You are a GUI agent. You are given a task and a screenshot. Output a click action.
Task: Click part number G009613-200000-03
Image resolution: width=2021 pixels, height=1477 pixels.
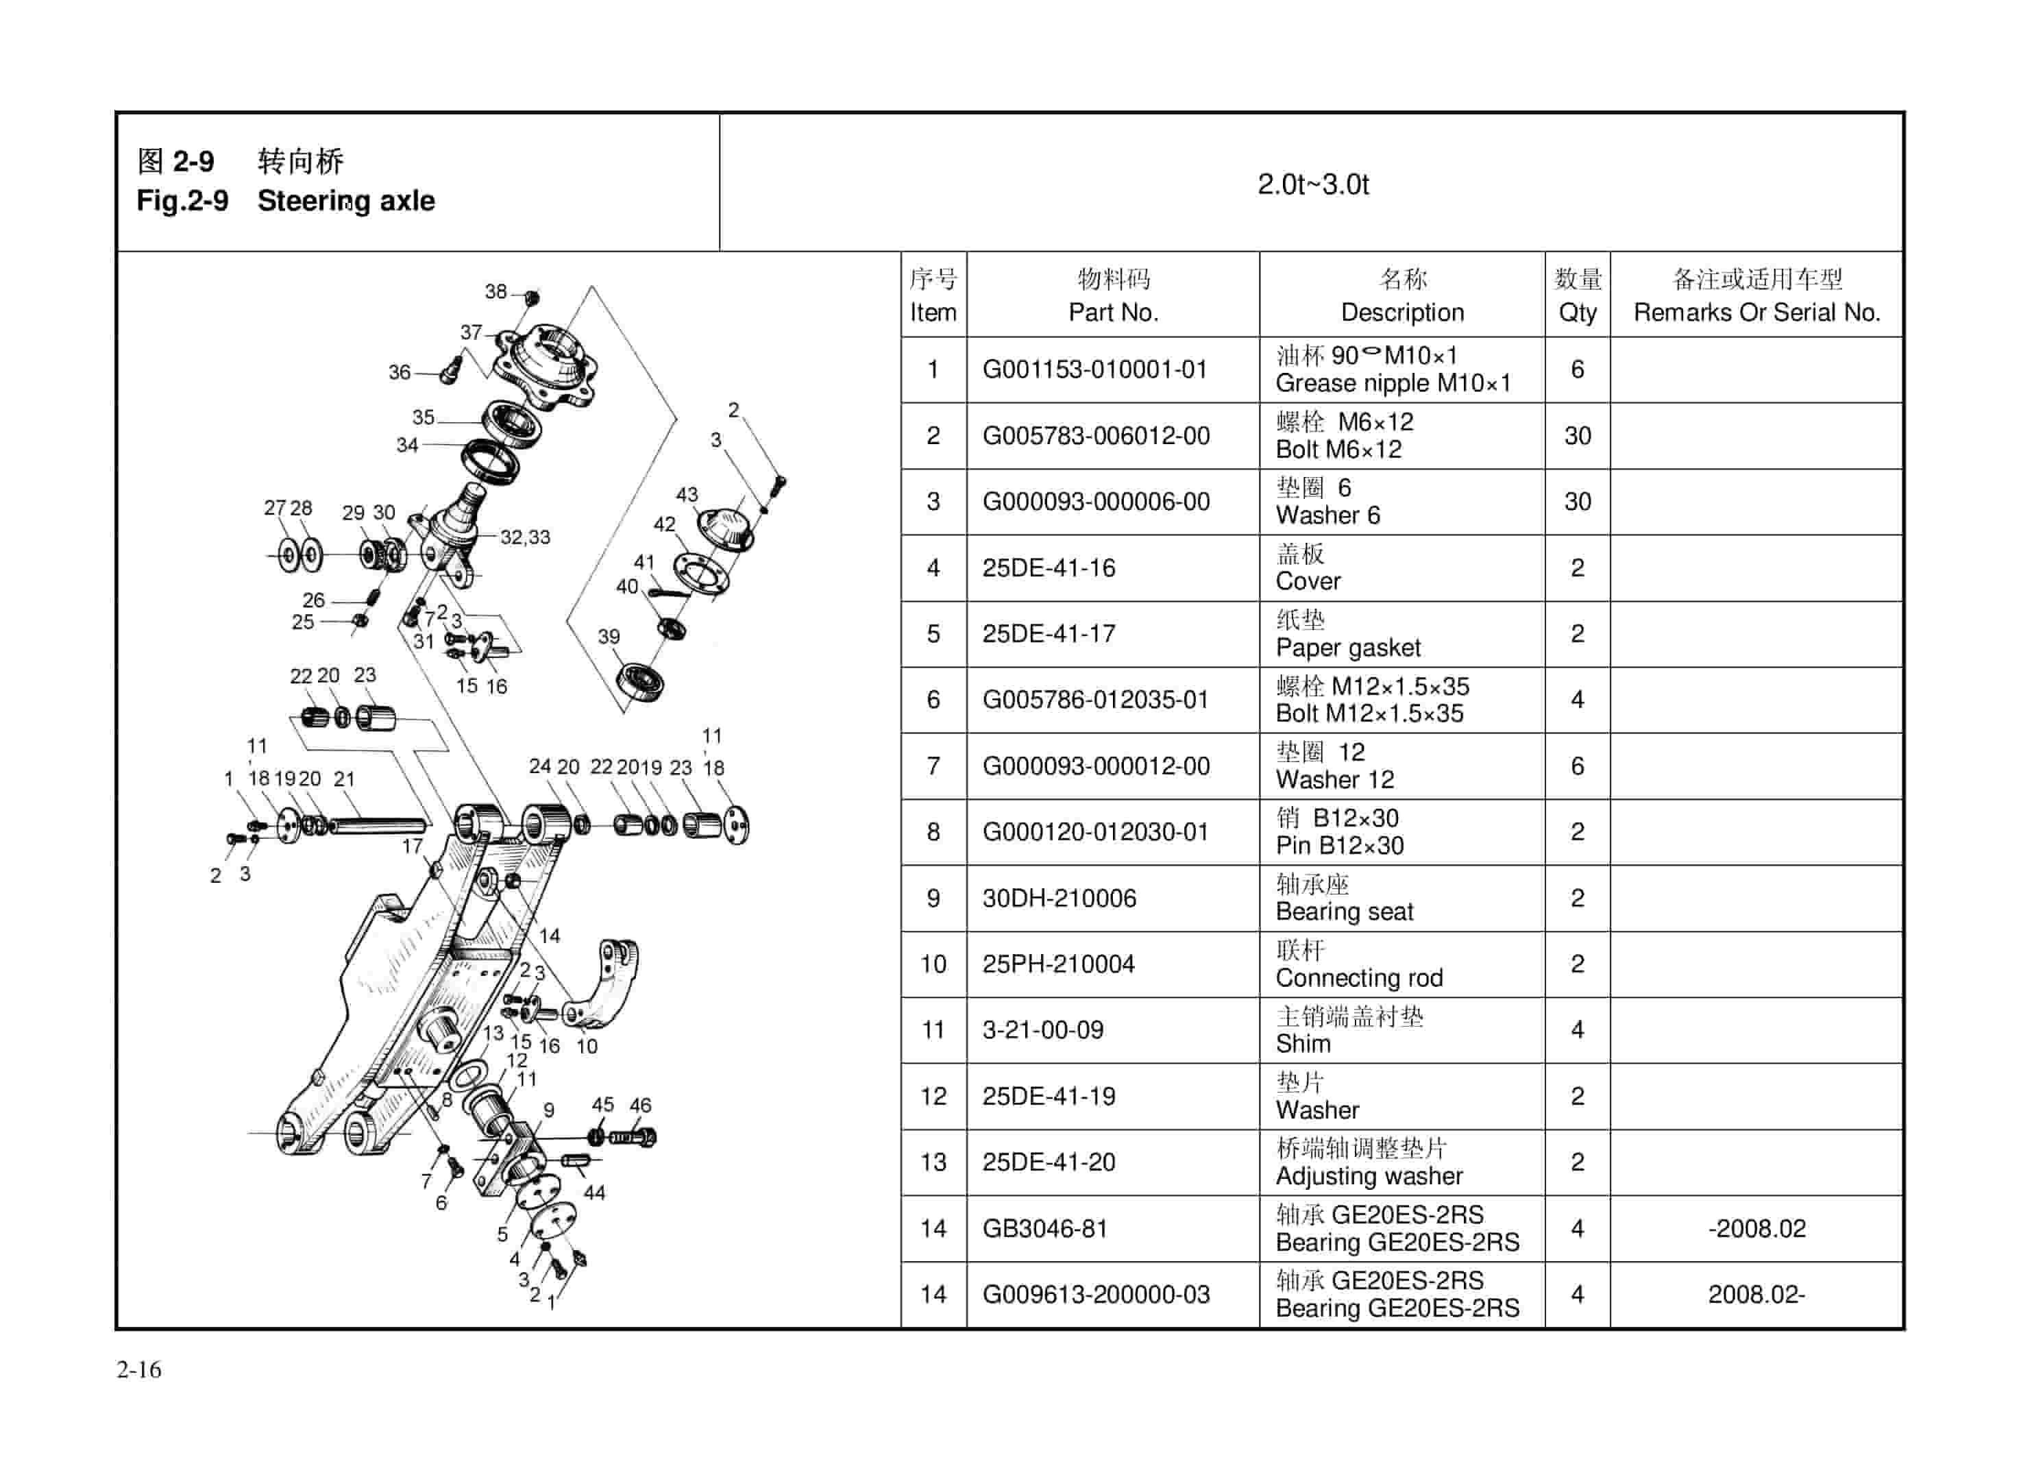pyautogui.click(x=1095, y=1295)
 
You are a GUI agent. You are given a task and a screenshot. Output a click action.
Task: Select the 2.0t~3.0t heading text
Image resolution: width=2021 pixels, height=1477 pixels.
pyautogui.click(x=1312, y=184)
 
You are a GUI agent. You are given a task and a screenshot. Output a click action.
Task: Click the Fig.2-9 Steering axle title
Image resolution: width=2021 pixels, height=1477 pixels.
pyautogui.click(x=285, y=200)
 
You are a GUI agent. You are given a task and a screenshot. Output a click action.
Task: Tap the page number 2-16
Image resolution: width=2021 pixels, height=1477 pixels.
pyautogui.click(x=138, y=1369)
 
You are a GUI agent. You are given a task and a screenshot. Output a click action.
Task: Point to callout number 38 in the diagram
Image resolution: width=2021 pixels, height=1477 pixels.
pyautogui.click(x=495, y=291)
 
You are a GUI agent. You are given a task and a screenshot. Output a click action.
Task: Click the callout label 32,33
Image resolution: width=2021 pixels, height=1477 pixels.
pyautogui.click(x=525, y=537)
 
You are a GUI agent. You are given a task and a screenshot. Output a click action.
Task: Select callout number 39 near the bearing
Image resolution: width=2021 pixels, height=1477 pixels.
pyautogui.click(x=609, y=637)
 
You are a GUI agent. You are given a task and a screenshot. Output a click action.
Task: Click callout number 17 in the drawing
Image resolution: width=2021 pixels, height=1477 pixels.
pyautogui.click(x=412, y=846)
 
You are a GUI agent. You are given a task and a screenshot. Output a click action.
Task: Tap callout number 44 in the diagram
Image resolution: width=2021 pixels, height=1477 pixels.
pyautogui.click(x=594, y=1193)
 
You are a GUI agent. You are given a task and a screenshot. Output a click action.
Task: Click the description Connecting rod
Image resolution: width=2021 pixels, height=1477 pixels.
pyautogui.click(x=1359, y=978)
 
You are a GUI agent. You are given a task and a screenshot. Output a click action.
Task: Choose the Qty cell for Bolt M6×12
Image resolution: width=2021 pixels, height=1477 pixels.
pyautogui.click(x=1577, y=437)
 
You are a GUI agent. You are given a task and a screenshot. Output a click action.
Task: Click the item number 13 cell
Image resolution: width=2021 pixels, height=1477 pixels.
pyautogui.click(x=932, y=1163)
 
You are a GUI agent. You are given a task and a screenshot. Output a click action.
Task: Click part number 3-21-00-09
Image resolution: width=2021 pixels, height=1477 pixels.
pyautogui.click(x=1042, y=1031)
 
